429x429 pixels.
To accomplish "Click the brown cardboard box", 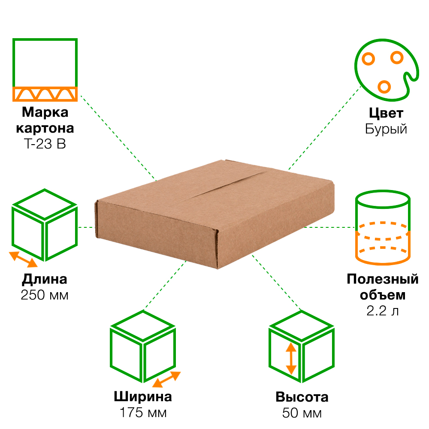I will (214, 214).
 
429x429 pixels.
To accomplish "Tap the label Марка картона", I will (45, 121).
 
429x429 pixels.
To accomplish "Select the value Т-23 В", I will (45, 144).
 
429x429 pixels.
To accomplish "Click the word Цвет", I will (386, 113).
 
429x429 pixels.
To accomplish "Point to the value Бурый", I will (386, 129).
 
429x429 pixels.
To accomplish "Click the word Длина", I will (45, 280).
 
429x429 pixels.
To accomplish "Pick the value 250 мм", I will (45, 296).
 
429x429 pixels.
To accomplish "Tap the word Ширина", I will (143, 396).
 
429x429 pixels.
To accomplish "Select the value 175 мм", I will (143, 413).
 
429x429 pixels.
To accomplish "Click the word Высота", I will (302, 397).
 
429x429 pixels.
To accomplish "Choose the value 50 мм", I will (302, 413).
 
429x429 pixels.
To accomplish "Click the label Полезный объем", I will (382, 287).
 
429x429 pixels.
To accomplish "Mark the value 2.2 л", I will (382, 311).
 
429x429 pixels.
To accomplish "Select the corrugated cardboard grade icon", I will (45, 69).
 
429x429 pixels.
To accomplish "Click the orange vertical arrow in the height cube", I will (291, 359).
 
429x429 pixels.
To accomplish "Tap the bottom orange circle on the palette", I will (384, 86).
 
